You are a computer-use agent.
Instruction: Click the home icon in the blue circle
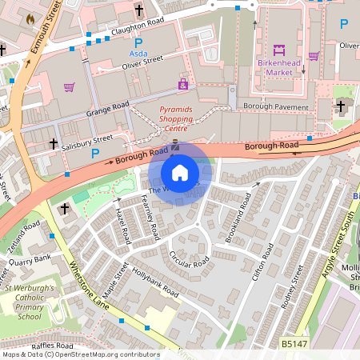180,172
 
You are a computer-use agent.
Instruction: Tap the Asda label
138,54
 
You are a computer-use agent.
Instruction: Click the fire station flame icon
31,18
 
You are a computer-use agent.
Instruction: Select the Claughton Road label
138,30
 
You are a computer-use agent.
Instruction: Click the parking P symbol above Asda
138,42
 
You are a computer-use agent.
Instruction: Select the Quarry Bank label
29,257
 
